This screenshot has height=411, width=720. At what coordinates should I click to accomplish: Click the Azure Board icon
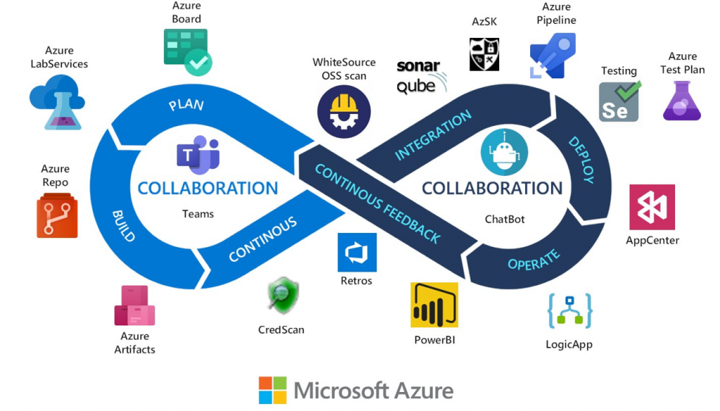pos(186,51)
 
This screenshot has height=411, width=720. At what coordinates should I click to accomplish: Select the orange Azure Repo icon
pos(57,215)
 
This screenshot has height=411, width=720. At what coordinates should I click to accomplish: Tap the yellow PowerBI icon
pos(434,305)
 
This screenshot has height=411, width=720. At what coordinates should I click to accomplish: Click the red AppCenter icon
pos(652,207)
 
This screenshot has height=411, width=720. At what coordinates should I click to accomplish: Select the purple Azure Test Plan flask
pos(682,101)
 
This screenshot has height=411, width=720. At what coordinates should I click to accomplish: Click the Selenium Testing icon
pos(619,101)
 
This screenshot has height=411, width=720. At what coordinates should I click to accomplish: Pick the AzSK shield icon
pos(484,54)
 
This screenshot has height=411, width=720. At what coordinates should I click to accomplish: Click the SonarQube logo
pos(420,76)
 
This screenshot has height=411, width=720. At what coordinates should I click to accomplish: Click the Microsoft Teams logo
pos(198,156)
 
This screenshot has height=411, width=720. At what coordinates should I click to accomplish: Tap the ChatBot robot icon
pos(504,152)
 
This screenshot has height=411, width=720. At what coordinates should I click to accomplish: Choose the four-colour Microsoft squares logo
pos(273,390)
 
